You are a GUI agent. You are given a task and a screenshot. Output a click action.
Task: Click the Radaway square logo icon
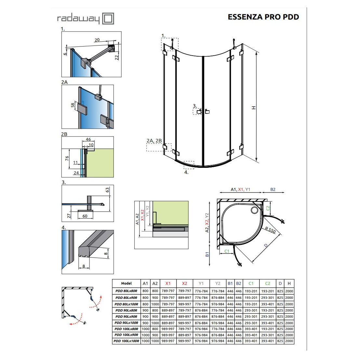pos(108,19)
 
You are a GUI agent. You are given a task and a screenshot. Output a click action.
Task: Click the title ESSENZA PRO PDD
pos(263,17)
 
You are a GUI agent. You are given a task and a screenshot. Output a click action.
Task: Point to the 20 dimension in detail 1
pos(97,40)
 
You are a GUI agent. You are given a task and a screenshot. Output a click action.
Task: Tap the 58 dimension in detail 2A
pos(73,105)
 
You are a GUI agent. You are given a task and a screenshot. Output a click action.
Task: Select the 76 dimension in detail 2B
pos(67,158)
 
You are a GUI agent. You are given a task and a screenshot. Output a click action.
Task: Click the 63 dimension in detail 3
pos(107,190)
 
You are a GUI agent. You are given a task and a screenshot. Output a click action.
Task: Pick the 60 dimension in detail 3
pos(85,216)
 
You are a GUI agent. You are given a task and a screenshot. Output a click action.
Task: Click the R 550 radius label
pos(270,230)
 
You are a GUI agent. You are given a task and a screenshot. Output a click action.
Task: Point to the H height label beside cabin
pos(254,108)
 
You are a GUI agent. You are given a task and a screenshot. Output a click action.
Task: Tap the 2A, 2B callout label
pos(154,141)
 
